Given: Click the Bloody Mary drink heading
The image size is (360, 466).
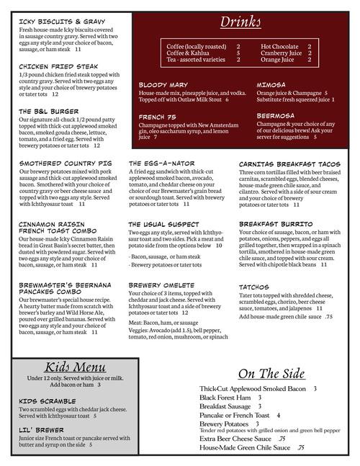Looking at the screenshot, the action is coord(163,84).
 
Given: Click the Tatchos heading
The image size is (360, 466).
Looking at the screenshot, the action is coord(254,287).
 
